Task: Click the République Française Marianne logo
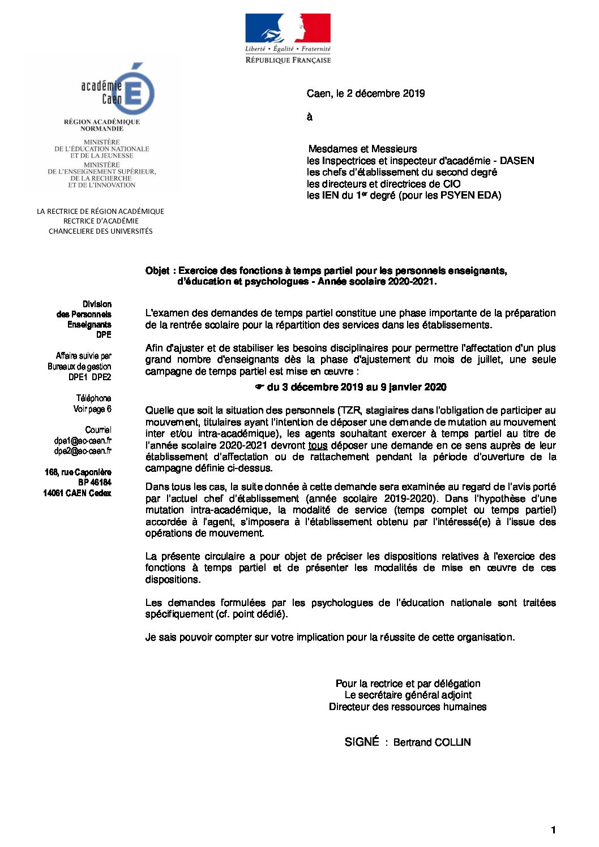[x=288, y=38]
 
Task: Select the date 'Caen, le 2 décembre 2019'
[x=366, y=93]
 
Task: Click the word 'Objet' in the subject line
[x=157, y=270]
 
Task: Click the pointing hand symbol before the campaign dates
[x=259, y=387]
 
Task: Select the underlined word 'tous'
[x=318, y=445]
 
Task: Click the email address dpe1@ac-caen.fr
[x=83, y=440]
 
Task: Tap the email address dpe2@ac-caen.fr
[x=83, y=451]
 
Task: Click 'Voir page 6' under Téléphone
[x=92, y=409]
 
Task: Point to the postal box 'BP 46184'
[x=95, y=483]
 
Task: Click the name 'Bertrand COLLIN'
[x=432, y=742]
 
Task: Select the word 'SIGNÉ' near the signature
[x=361, y=742]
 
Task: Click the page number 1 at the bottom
[x=553, y=830]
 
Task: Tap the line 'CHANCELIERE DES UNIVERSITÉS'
[x=101, y=231]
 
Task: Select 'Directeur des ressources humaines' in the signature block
[x=408, y=707]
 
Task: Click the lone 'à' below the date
[x=310, y=117]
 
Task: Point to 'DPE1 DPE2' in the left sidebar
[x=89, y=377]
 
